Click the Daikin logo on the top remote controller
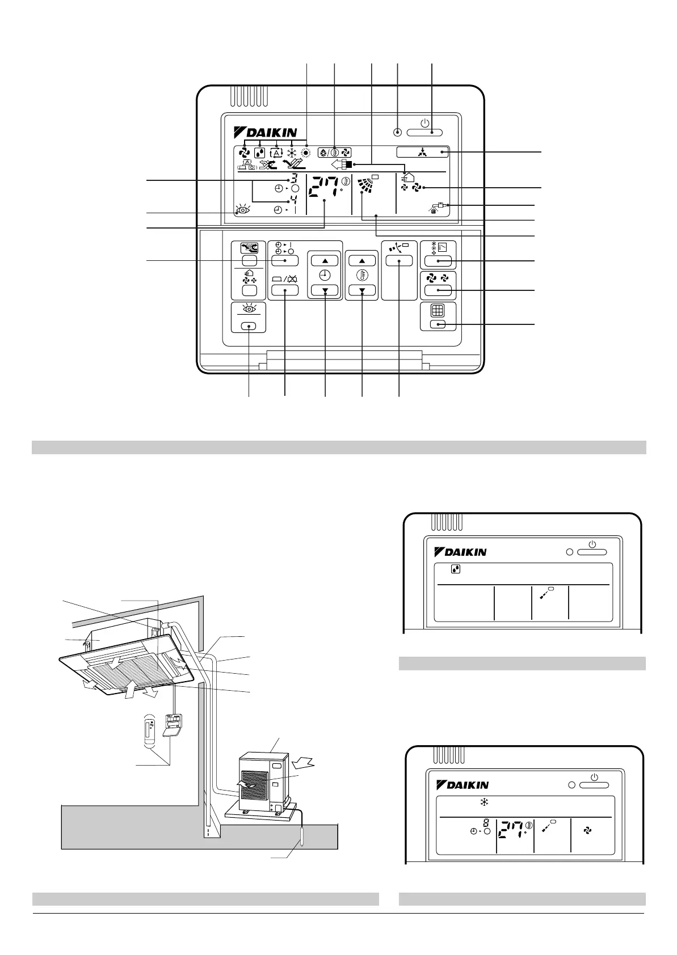click(264, 133)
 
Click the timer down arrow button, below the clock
click(325, 290)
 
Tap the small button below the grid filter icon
click(438, 324)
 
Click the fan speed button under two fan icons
click(438, 290)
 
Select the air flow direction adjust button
click(399, 261)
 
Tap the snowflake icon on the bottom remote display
click(484, 802)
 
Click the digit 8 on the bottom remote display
click(486, 822)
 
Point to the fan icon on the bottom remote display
click(588, 830)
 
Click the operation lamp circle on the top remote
click(397, 133)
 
